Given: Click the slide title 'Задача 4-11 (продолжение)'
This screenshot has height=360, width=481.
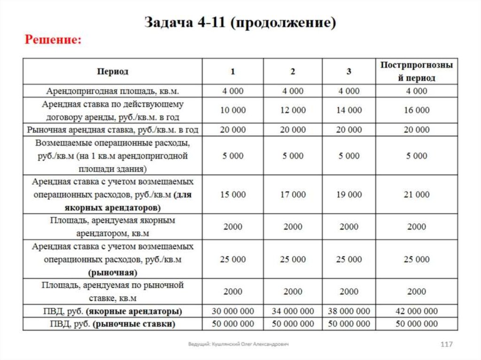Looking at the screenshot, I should click(240, 23).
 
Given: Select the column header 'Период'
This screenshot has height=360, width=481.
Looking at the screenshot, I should click(113, 72).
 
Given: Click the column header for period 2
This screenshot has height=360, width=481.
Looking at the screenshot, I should click(293, 72).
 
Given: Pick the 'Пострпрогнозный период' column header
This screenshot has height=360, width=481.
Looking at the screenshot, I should click(417, 72).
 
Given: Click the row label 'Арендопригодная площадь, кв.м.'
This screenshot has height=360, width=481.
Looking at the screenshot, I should click(113, 91).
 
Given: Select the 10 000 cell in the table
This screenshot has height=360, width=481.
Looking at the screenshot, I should click(233, 110).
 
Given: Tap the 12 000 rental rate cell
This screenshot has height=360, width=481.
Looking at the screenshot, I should click(293, 110).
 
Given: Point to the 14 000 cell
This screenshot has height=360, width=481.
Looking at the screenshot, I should click(349, 110).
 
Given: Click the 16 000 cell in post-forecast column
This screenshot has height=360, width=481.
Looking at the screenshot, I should click(417, 110).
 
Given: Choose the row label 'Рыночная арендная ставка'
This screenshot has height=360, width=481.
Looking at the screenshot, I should click(113, 130).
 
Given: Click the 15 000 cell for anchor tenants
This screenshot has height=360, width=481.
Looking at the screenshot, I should click(233, 194).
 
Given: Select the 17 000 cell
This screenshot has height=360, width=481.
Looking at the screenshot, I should click(293, 194).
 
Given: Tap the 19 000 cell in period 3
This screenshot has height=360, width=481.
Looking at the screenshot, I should click(349, 194).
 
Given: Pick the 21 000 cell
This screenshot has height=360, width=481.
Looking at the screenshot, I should click(417, 194).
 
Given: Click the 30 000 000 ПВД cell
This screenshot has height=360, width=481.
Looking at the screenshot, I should click(233, 311).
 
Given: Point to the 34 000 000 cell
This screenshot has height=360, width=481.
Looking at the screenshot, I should click(293, 311).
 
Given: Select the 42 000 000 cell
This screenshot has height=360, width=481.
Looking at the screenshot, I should click(417, 311).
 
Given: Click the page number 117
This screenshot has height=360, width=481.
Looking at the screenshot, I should click(446, 345).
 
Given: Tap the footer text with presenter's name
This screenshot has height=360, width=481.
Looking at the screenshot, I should click(238, 345).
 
